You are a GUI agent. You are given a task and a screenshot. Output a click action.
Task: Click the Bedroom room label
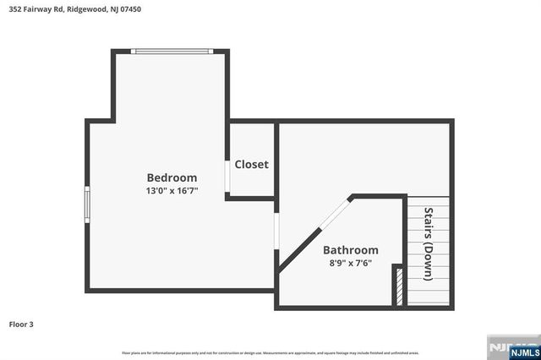tap(172, 177)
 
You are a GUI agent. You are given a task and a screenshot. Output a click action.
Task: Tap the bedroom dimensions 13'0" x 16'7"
tap(172, 191)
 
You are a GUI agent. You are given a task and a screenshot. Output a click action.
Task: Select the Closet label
tap(251, 164)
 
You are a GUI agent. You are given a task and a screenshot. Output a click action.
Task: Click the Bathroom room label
tap(351, 250)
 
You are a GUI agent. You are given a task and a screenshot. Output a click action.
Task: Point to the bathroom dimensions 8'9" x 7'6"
tap(351, 264)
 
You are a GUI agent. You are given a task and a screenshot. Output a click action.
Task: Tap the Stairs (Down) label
tap(429, 244)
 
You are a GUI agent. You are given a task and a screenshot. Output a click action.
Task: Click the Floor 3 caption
tap(22, 324)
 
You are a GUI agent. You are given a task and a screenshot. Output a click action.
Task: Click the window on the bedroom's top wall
tap(172, 51)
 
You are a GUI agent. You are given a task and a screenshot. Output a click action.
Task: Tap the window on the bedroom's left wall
tap(86, 203)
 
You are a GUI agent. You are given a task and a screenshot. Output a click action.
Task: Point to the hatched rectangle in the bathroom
tap(398, 286)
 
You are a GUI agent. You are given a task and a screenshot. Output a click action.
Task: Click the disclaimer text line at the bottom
tap(270, 352)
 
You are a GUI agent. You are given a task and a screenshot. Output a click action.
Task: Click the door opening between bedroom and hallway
tap(276, 231)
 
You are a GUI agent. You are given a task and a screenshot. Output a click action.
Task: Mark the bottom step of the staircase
tap(429, 299)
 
